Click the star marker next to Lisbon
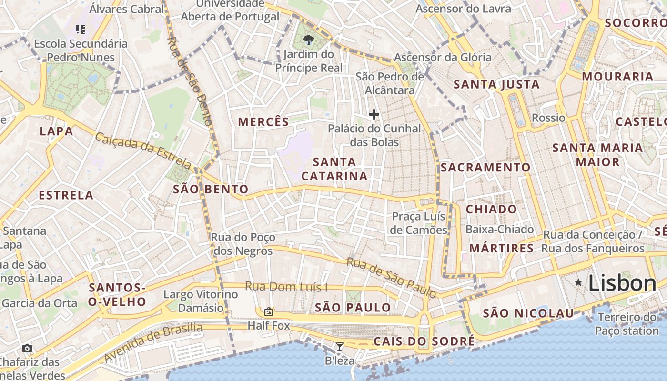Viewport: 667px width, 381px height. pos(578,282)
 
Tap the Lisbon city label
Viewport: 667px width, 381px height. pos(622,283)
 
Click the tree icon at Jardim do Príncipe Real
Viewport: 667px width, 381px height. pos(309,40)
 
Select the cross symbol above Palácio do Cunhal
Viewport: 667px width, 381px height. pos(374,114)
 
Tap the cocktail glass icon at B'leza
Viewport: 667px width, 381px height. pos(339,347)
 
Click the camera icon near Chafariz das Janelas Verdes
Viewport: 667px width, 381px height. pos(27,348)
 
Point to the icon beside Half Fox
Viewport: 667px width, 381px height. pos(269,311)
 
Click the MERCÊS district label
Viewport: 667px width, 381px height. pos(263,122)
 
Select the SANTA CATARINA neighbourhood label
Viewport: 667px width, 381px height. pos(334,169)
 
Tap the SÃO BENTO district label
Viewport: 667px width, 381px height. pos(211,189)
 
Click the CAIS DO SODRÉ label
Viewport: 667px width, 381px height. pos(424,341)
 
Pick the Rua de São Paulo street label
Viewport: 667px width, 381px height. pos(391,278)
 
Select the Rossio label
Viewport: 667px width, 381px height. pos(548,118)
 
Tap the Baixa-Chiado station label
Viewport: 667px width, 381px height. pos(499,230)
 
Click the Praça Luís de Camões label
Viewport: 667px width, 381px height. pos(419,223)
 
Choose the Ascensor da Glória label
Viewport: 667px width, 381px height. pos(443,58)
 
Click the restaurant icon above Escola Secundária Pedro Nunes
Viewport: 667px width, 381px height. pos(81,30)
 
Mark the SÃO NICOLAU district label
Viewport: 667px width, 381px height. pos(528,313)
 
